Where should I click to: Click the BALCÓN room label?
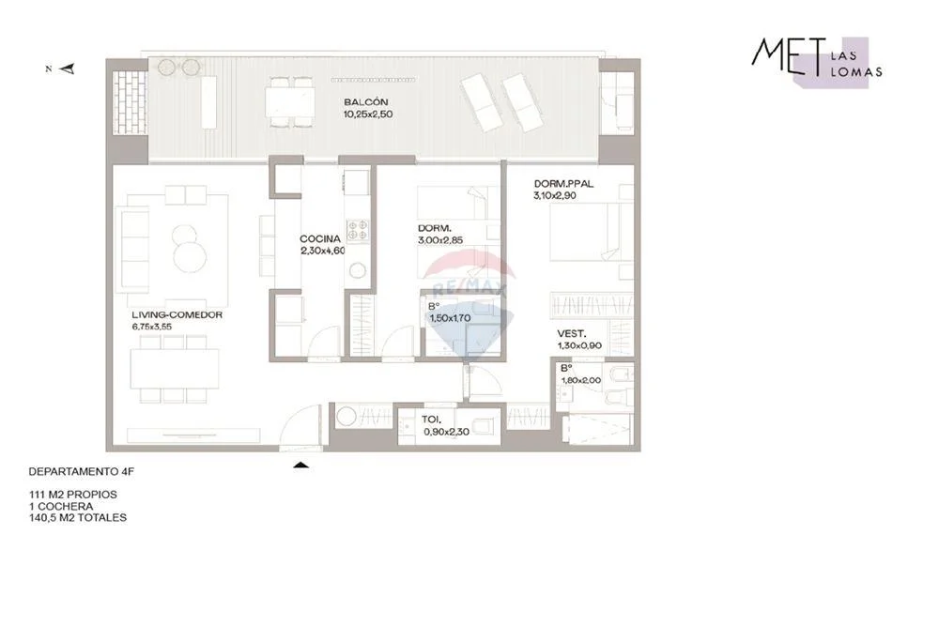pyautogui.click(x=365, y=102)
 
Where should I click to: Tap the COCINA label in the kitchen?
pyautogui.click(x=320, y=238)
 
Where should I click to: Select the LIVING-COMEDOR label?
pyautogui.click(x=177, y=314)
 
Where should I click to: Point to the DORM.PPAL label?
pyautogui.click(x=563, y=184)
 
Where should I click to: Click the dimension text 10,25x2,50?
pyautogui.click(x=368, y=115)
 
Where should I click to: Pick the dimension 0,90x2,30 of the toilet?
pyautogui.click(x=446, y=432)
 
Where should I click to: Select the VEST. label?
pyautogui.click(x=571, y=334)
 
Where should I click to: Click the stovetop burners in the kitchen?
pyautogui.click(x=358, y=231)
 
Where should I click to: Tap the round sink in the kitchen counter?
pyautogui.click(x=358, y=270)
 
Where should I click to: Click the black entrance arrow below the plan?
pyautogui.click(x=301, y=465)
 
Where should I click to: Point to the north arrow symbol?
pyautogui.click(x=68, y=69)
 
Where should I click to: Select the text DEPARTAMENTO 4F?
pyautogui.click(x=82, y=471)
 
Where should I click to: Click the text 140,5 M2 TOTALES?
pyautogui.click(x=78, y=518)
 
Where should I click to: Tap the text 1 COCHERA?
pyautogui.click(x=61, y=506)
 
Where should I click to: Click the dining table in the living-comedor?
pyautogui.click(x=175, y=368)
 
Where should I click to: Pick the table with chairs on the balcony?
pyautogui.click(x=290, y=101)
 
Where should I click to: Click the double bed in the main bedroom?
pyautogui.click(x=592, y=231)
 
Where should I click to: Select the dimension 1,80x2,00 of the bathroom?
pyautogui.click(x=581, y=380)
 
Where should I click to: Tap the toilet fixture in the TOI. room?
pyautogui.click(x=483, y=427)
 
